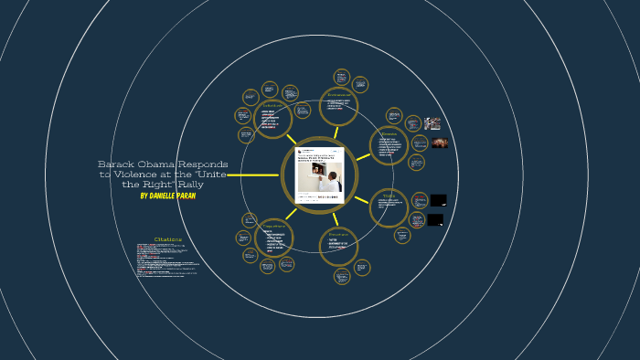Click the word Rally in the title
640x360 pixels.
[x=190, y=185]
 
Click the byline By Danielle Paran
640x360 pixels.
[x=167, y=196]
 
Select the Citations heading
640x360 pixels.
[x=168, y=239]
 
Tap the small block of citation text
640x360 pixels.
[x=165, y=259]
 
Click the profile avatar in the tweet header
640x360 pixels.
[x=300, y=151]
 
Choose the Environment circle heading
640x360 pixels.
[x=339, y=94]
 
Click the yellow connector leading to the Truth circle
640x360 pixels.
[x=362, y=198]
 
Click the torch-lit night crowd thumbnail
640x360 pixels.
[x=440, y=143]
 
